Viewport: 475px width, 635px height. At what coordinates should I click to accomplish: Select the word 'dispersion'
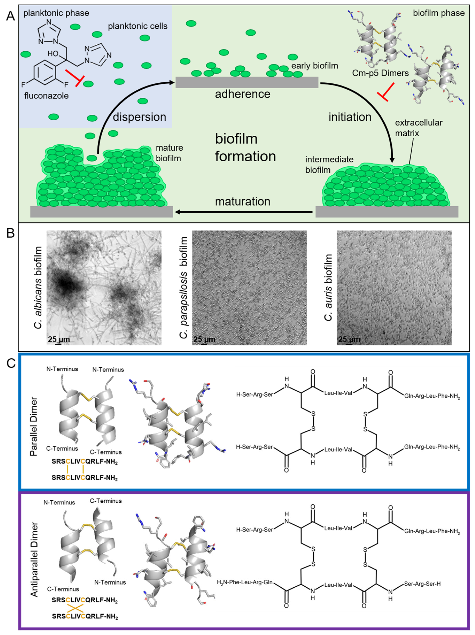(139, 117)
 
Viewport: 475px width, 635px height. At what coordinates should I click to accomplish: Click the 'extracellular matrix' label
(418, 128)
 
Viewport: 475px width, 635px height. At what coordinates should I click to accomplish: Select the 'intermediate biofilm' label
(329, 165)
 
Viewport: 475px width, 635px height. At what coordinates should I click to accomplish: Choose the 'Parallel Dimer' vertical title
(34, 426)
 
